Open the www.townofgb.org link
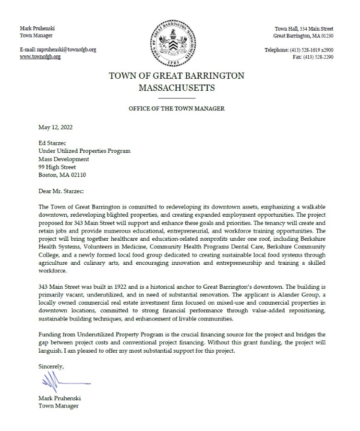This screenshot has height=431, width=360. pyautogui.click(x=40, y=57)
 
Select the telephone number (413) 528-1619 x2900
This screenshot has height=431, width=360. pyautogui.click(x=313, y=50)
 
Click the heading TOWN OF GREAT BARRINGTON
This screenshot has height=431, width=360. pyautogui.click(x=177, y=76)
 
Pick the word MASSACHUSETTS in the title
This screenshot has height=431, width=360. pyautogui.click(x=177, y=88)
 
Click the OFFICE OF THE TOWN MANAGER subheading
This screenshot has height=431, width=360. pyautogui.click(x=177, y=109)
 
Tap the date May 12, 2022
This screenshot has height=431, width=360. pyautogui.click(x=56, y=128)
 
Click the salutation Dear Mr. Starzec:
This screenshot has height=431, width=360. pyautogui.click(x=61, y=191)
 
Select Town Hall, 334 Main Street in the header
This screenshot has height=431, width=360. pyautogui.click(x=304, y=29)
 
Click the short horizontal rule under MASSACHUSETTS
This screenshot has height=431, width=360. pyautogui.click(x=177, y=98)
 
